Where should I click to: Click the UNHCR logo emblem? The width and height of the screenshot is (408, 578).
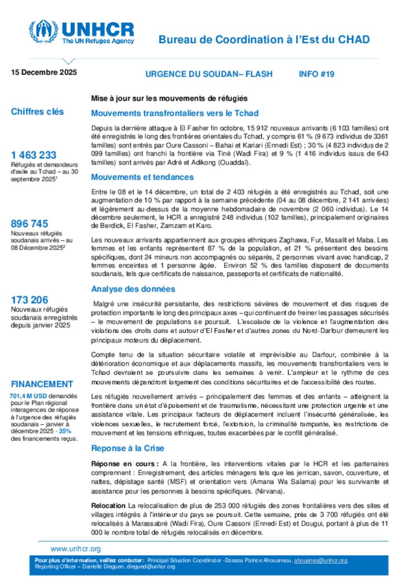pyautogui.click(x=43, y=31)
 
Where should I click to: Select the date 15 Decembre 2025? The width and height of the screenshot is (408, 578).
pyautogui.click(x=44, y=72)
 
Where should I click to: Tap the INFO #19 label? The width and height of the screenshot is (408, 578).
pyautogui.click(x=316, y=74)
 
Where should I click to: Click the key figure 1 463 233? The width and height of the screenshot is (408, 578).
pyautogui.click(x=33, y=155)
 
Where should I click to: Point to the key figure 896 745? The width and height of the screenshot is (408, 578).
pyautogui.click(x=29, y=223)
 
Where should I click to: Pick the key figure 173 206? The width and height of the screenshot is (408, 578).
pyautogui.click(x=29, y=300)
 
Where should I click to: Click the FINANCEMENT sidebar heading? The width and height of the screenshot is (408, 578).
pyautogui.click(x=42, y=384)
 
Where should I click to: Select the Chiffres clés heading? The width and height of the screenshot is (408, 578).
pyautogui.click(x=37, y=112)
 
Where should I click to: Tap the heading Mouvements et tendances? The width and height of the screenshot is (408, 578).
pyautogui.click(x=142, y=177)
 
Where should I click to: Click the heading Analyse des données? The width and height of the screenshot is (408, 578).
pyautogui.click(x=133, y=289)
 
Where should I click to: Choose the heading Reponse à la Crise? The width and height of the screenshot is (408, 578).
pyautogui.click(x=127, y=448)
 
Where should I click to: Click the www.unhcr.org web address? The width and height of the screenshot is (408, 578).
pyautogui.click(x=76, y=549)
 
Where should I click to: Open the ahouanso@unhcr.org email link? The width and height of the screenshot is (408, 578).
pyautogui.click(x=321, y=560)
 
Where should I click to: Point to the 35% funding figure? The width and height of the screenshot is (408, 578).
pyautogui.click(x=65, y=431)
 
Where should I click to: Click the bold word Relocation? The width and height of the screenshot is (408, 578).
pyautogui.click(x=108, y=506)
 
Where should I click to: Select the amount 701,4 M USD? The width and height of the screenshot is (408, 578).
pyautogui.click(x=28, y=396)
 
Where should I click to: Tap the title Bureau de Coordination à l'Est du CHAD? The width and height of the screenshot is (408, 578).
pyautogui.click(x=264, y=39)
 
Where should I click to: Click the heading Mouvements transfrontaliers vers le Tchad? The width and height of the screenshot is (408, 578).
pyautogui.click(x=175, y=113)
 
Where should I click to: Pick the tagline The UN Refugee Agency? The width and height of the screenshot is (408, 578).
pyautogui.click(x=98, y=41)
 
